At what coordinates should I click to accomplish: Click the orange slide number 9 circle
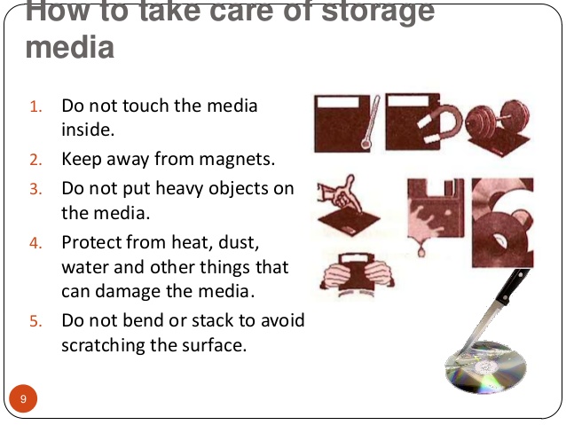click(23, 398)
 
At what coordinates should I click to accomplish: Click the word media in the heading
click(70, 47)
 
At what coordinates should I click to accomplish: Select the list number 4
click(35, 242)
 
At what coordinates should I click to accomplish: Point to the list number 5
click(35, 321)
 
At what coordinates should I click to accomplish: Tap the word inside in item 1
click(88, 130)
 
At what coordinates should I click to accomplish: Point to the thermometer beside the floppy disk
click(371, 122)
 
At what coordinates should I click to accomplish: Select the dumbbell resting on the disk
click(499, 119)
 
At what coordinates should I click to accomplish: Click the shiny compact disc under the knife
click(485, 367)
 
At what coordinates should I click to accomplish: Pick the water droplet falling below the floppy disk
click(421, 249)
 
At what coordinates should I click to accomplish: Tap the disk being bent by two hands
click(357, 274)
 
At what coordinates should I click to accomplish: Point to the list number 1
click(35, 107)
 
